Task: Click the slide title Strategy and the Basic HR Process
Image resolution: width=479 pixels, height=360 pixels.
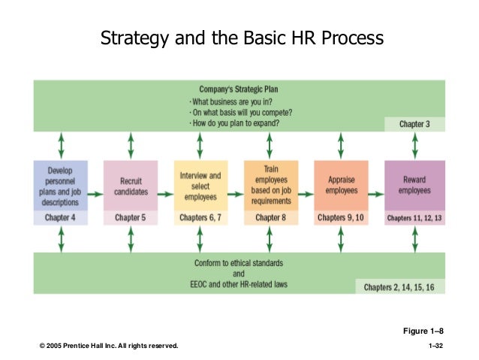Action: click(242, 37)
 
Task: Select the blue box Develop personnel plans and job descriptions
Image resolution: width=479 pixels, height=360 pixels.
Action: click(61, 186)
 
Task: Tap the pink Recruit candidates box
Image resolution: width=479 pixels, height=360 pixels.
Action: click(131, 186)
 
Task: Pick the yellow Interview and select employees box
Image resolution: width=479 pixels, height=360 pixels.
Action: click(200, 186)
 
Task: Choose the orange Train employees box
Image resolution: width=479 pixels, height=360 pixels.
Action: click(271, 186)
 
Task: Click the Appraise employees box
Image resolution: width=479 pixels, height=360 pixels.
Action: click(341, 186)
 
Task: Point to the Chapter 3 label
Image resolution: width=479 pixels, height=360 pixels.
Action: click(414, 124)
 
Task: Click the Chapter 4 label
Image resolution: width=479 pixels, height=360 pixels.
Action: click(61, 218)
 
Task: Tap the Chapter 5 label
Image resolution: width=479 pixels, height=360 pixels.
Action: click(131, 218)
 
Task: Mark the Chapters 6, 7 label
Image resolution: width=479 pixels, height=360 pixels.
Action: click(200, 218)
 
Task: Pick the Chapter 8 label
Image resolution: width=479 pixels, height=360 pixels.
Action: click(271, 218)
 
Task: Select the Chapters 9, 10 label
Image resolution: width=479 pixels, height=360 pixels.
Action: click(341, 218)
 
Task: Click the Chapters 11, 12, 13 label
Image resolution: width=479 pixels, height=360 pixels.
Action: click(414, 218)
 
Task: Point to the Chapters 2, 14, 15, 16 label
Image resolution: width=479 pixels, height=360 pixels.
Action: click(400, 286)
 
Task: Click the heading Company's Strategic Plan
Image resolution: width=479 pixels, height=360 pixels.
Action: click(240, 89)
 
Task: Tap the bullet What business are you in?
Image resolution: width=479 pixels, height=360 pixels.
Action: click(233, 101)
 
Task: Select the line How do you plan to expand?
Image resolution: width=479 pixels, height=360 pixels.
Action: click(237, 123)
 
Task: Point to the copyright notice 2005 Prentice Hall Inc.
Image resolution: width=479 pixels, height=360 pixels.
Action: click(110, 345)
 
